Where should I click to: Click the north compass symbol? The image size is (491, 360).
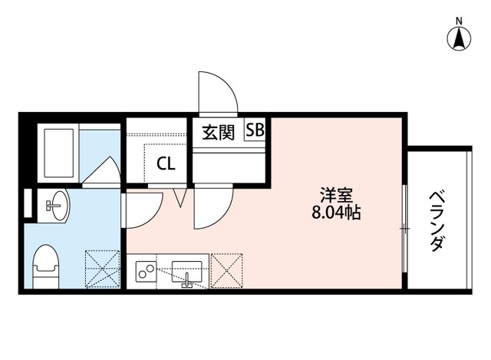coord(460,38)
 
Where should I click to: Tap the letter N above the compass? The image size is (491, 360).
coord(460,20)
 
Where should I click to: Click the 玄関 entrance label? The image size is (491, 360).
coord(217,132)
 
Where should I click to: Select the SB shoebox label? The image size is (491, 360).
coord(255,130)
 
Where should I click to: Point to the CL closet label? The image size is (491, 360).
coord(165,163)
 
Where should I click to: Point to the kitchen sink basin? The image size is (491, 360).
coord(187,272)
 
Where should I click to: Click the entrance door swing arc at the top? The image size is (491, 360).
coord(216,91)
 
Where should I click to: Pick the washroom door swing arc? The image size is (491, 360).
coord(143,209)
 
